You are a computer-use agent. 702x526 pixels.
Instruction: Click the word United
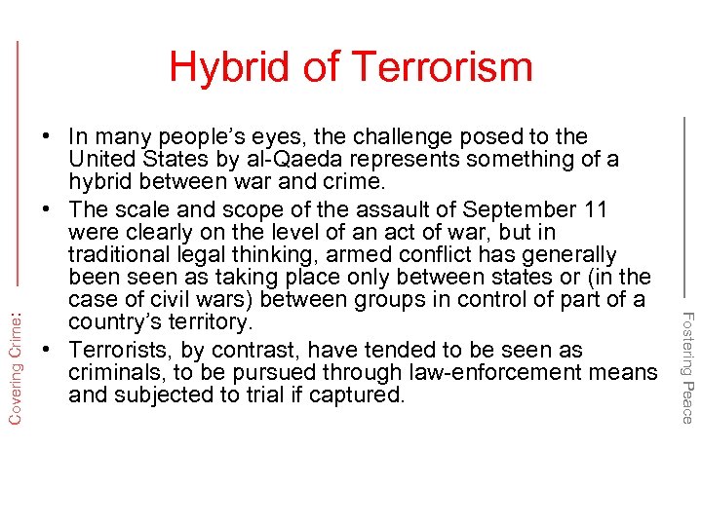pos(101,159)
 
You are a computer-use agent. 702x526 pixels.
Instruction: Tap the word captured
pos(356,394)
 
